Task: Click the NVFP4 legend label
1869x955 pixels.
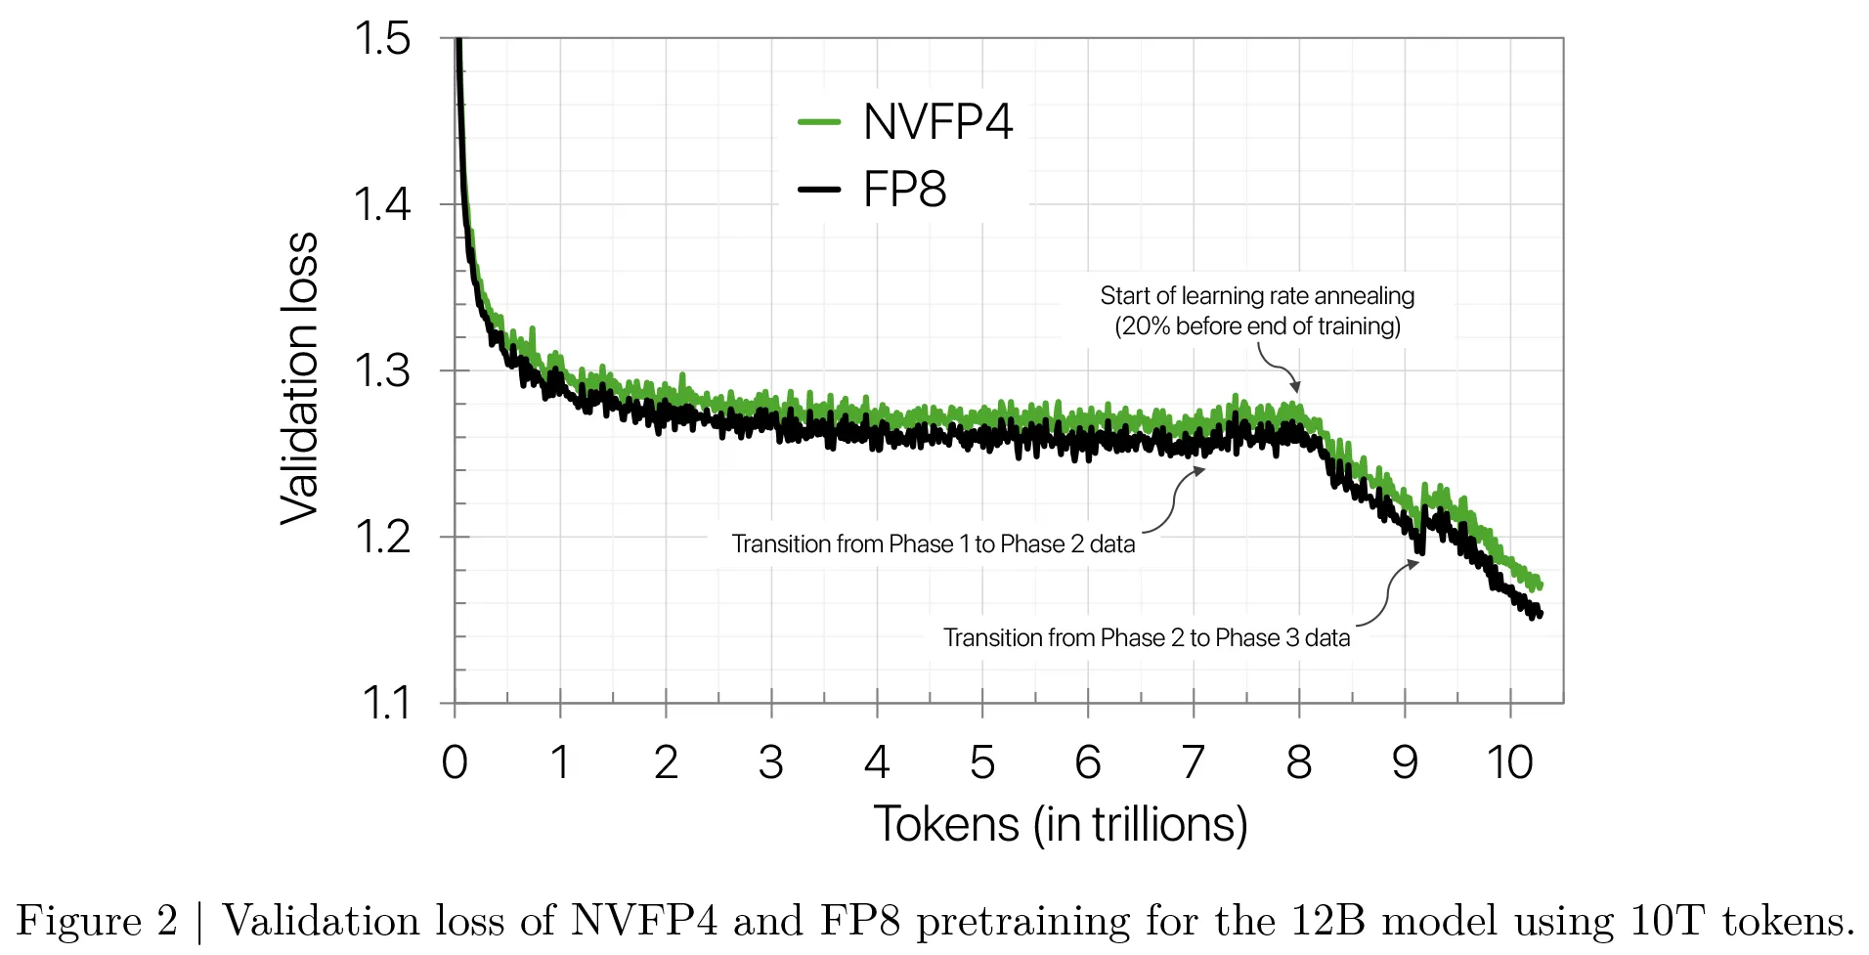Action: point(937,122)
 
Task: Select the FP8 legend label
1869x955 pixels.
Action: point(904,189)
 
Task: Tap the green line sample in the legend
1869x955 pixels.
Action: point(819,122)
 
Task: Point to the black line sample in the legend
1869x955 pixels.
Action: point(819,189)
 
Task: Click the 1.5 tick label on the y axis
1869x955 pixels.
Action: point(382,39)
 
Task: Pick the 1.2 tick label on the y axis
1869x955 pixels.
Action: point(382,537)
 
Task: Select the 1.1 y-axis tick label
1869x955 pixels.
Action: point(385,703)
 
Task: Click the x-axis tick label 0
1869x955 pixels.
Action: point(455,762)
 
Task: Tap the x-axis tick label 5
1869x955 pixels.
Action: point(982,762)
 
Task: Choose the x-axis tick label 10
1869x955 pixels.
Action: point(1510,762)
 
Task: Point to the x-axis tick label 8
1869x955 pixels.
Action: point(1299,762)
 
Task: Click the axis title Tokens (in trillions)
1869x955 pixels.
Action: point(1061,825)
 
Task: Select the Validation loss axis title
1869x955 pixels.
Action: point(300,379)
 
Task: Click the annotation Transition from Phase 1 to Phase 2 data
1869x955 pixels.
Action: point(934,544)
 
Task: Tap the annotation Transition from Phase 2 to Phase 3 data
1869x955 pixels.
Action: point(1147,638)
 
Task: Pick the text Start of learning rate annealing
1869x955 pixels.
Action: point(1257,296)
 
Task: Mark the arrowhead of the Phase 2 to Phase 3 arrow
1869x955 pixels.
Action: point(1413,564)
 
